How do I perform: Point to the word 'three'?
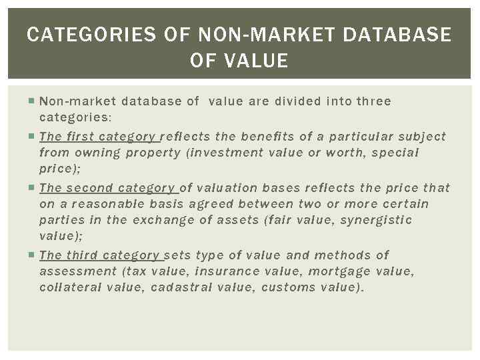[x=374, y=101]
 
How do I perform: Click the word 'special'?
[x=395, y=153]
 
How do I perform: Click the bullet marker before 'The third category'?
[x=33, y=255]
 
